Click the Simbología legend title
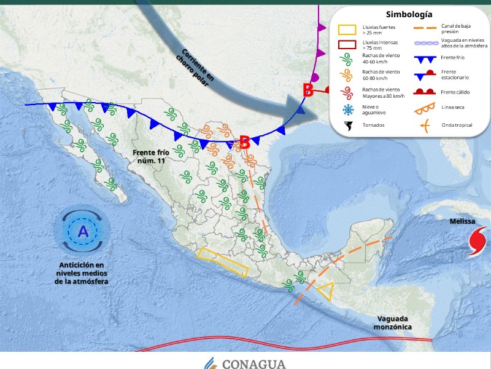coord(409,14)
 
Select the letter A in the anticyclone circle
coord(83,232)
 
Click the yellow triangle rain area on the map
coord(323,290)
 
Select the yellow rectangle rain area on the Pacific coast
coord(223,260)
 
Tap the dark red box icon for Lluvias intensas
coord(348,44)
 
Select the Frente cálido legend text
coord(455,92)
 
